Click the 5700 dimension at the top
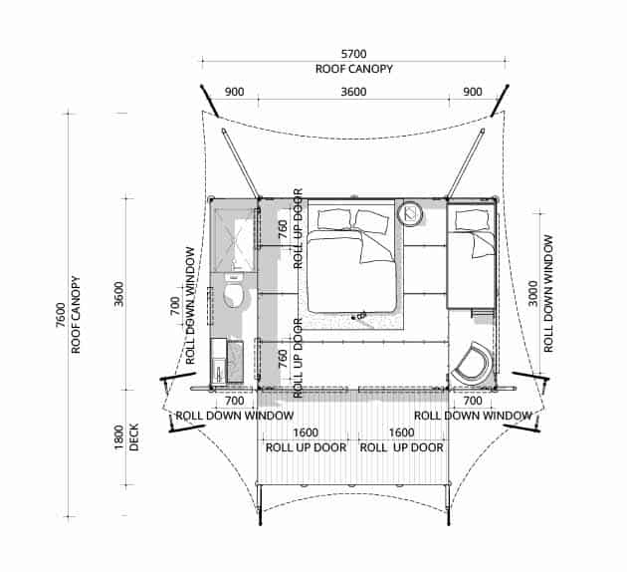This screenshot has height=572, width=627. [x=353, y=54]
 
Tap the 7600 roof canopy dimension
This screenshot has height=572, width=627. [x=61, y=315]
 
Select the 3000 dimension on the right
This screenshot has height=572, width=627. [x=532, y=293]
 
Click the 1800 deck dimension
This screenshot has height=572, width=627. [x=119, y=437]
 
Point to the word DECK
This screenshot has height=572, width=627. [x=134, y=437]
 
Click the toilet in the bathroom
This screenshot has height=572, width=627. [x=234, y=290]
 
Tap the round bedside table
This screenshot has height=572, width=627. [x=411, y=213]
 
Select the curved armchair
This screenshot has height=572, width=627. [x=473, y=362]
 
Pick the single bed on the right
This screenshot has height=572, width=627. [x=471, y=255]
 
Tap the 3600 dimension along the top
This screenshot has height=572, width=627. [x=353, y=92]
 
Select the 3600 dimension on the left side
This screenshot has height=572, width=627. [x=119, y=294]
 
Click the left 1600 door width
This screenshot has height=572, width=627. [x=306, y=432]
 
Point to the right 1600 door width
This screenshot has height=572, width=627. [x=401, y=432]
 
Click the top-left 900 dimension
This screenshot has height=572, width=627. [x=234, y=92]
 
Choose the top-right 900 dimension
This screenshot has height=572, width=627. [x=473, y=92]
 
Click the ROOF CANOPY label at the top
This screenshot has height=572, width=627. [x=354, y=69]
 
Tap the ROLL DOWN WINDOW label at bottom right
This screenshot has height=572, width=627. [x=473, y=416]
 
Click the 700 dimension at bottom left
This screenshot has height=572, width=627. [x=234, y=401]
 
